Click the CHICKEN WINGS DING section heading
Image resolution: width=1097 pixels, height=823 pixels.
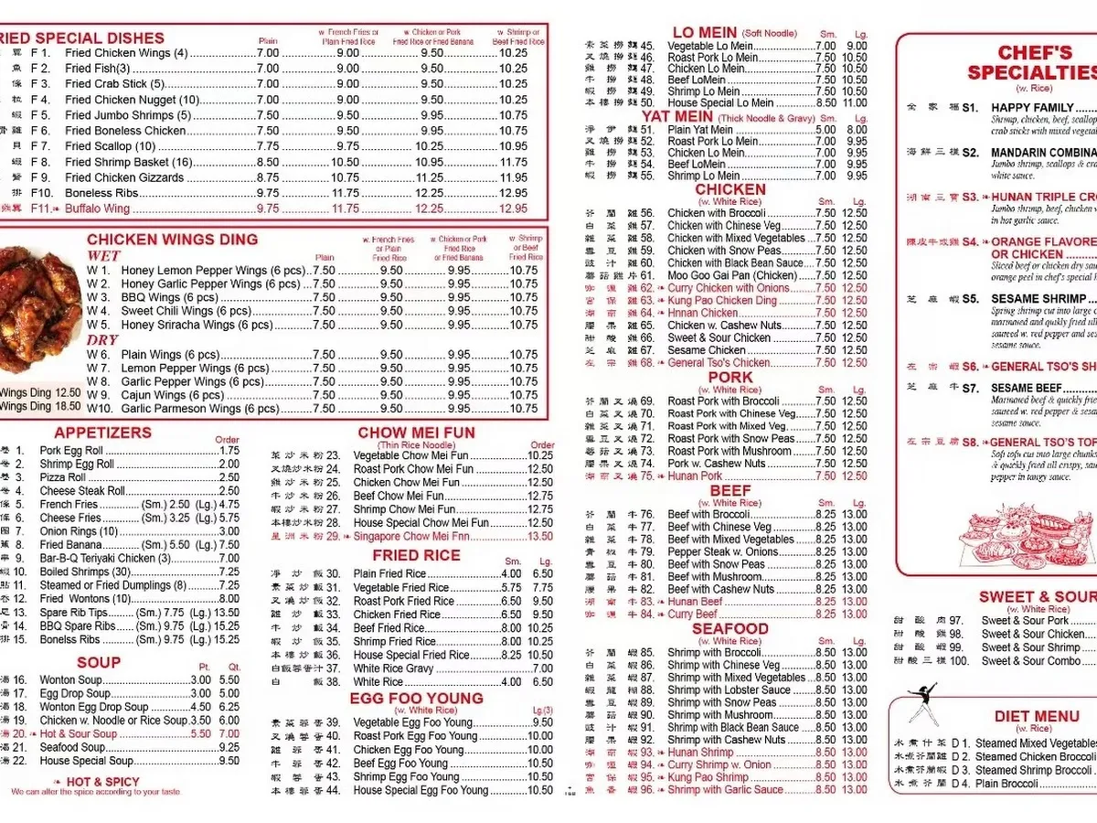[x=172, y=240]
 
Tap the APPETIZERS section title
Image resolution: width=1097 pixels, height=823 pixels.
[x=102, y=433]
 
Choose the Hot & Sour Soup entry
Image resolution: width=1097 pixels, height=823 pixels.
[x=78, y=734]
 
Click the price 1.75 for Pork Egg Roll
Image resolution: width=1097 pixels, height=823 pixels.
[x=229, y=451]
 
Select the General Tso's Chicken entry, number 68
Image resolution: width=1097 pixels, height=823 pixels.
[x=719, y=363]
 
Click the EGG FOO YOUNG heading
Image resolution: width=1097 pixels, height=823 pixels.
[x=416, y=699]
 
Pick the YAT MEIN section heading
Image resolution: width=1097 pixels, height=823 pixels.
[x=677, y=116]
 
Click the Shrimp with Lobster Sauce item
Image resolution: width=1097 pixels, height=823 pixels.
[x=728, y=690]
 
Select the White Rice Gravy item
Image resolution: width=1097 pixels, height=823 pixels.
[x=393, y=668]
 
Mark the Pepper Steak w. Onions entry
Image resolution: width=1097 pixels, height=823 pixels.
[x=723, y=552]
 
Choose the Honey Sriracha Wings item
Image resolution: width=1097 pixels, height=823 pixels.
[x=197, y=326]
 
